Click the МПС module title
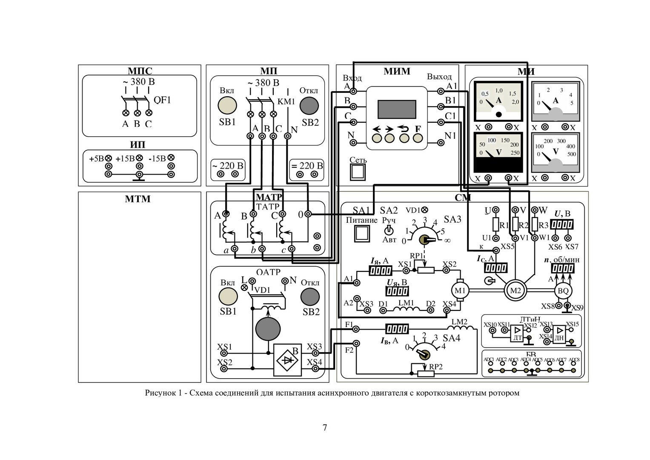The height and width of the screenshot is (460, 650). point(140,71)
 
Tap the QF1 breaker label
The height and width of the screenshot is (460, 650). point(162,100)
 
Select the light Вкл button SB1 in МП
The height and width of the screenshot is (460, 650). point(227,105)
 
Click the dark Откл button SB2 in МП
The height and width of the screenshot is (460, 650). point(309,105)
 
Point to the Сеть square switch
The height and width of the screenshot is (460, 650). point(358,172)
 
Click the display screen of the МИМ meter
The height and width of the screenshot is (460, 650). point(397,109)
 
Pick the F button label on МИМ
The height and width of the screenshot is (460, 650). point(418,129)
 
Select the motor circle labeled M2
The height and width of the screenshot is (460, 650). point(515,291)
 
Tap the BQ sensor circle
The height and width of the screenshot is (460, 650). point(563,291)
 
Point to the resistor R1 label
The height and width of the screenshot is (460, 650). point(504,225)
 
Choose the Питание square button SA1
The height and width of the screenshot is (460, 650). point(361,233)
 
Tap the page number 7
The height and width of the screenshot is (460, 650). point(325,428)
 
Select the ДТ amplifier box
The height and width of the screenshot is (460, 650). point(517,334)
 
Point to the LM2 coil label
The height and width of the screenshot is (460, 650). point(459,322)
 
